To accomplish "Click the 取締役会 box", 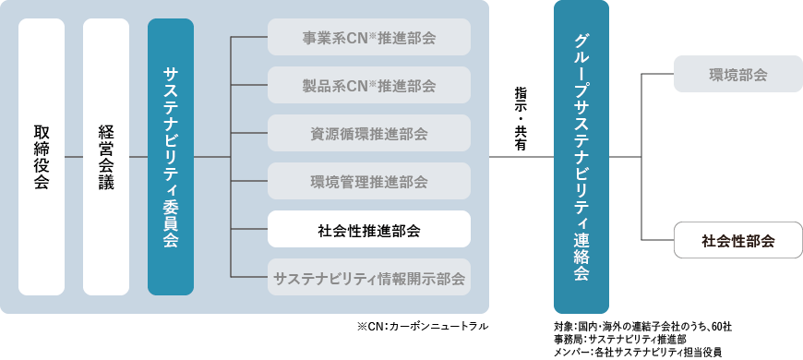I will (42, 156).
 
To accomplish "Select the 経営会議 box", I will (106, 156).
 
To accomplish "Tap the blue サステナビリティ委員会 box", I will (171, 156).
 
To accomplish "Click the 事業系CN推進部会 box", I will (369, 38).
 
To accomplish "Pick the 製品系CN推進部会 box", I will (369, 85).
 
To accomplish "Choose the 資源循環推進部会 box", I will (369, 133).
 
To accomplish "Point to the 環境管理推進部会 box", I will (369, 181).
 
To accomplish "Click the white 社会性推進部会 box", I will (369, 229).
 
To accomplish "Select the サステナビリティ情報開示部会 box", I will (369, 276).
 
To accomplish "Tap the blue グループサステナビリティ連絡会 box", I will (581, 156).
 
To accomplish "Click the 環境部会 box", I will (738, 74).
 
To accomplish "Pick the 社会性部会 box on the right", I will (738, 241).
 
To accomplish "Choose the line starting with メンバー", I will (638, 352).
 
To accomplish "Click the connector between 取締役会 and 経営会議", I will (74, 156).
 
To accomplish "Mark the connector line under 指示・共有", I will (521, 156).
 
